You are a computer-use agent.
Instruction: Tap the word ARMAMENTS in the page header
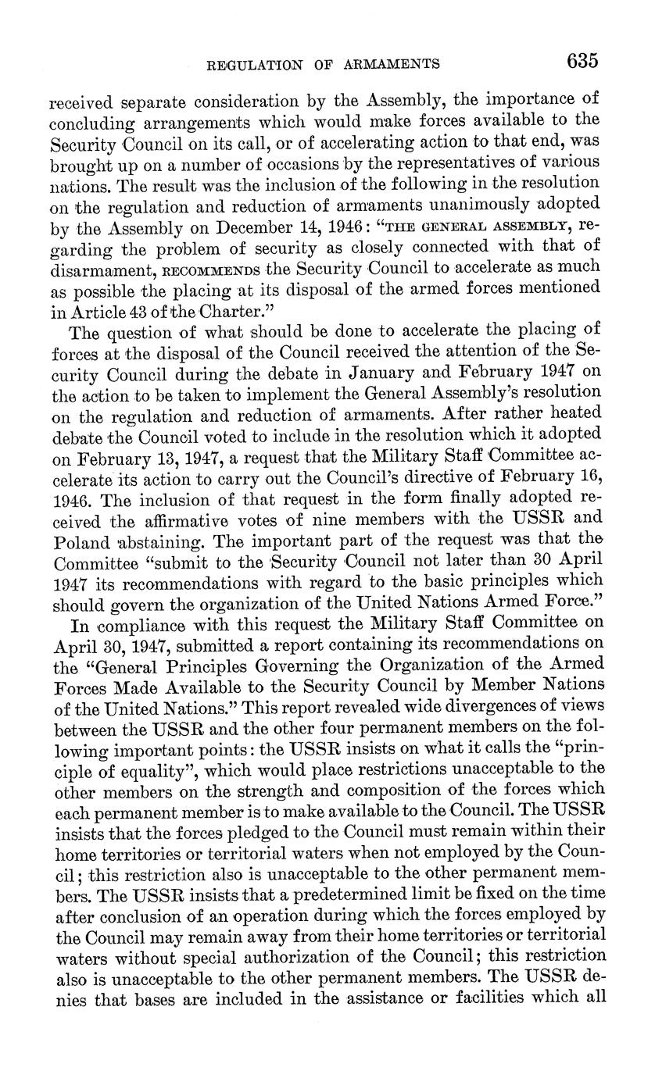click(391, 64)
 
